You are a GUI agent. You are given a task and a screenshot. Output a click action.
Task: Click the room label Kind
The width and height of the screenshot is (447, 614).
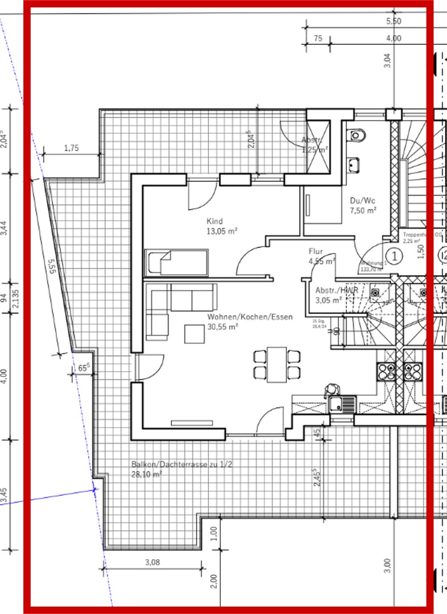(215, 221)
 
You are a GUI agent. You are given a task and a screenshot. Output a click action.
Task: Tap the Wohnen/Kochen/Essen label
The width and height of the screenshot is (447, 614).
(250, 317)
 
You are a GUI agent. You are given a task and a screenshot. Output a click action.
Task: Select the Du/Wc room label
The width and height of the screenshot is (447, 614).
(362, 201)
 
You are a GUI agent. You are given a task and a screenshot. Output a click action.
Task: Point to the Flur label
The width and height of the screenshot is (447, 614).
(316, 251)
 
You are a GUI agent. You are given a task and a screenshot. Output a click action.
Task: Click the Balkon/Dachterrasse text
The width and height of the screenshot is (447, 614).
(181, 464)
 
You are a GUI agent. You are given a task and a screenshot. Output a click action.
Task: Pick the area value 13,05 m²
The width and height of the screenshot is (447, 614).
(222, 231)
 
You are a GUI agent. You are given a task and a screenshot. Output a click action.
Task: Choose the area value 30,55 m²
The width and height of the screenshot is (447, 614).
(222, 327)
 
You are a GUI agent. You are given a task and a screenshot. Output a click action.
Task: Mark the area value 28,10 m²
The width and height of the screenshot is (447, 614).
(146, 474)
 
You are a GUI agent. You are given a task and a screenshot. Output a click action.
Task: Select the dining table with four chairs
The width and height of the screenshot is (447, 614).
(277, 364)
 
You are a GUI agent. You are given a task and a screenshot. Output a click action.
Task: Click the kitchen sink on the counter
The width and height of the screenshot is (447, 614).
(341, 405)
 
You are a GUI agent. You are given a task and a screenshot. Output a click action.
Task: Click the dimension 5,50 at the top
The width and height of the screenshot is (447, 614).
(393, 21)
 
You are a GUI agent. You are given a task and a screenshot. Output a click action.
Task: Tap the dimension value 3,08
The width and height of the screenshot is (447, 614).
(152, 563)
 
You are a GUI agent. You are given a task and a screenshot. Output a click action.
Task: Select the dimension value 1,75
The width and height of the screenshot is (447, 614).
(71, 148)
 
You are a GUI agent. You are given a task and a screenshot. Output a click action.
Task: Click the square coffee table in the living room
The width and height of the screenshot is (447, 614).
(195, 334)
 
